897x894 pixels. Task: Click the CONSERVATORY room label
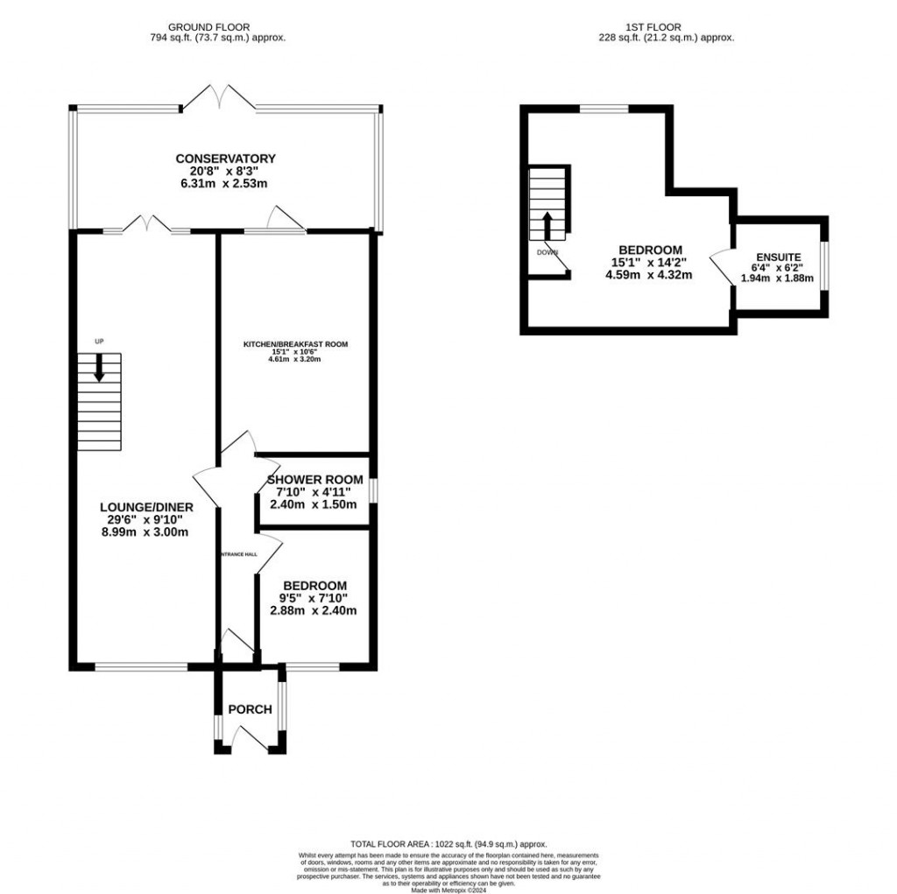pyautogui.click(x=225, y=158)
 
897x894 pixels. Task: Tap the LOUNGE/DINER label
pyautogui.click(x=146, y=507)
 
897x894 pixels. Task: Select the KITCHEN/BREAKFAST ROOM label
pyautogui.click(x=295, y=345)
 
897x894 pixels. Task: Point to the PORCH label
pyautogui.click(x=250, y=709)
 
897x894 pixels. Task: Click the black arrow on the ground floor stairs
pyautogui.click(x=99, y=367)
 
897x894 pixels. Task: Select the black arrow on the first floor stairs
pyautogui.click(x=548, y=224)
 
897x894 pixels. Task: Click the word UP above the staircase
pyautogui.click(x=99, y=341)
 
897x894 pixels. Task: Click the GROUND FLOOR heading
pyautogui.click(x=217, y=27)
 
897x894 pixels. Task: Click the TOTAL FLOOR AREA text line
pyautogui.click(x=448, y=844)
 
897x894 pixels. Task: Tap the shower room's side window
pyautogui.click(x=372, y=491)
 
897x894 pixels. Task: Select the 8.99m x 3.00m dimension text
pyautogui.click(x=145, y=531)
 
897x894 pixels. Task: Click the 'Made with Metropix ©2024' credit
pyautogui.click(x=448, y=890)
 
